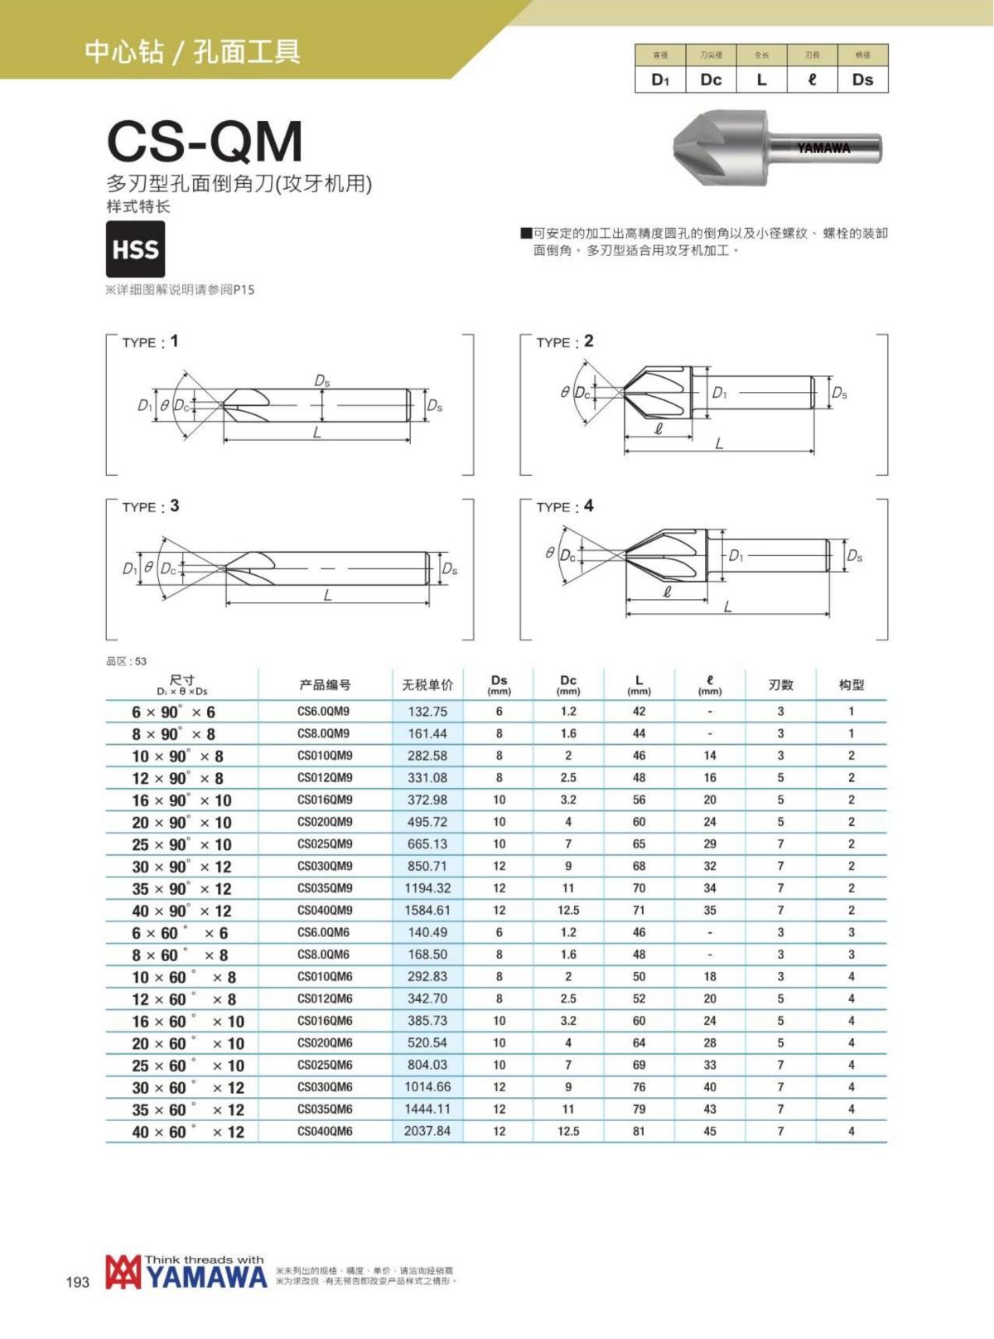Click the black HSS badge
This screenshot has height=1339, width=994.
(135, 249)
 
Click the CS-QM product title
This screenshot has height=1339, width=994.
(205, 142)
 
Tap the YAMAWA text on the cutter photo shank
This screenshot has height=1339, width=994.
(823, 148)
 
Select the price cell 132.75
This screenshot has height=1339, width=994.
(427, 712)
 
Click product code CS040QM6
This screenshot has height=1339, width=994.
(325, 1132)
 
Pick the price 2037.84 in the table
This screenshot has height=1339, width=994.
(427, 1131)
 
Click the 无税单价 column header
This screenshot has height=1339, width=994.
(427, 685)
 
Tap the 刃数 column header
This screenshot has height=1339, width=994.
(780, 685)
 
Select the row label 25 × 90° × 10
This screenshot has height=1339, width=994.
(181, 844)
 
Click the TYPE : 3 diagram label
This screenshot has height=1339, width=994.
(150, 506)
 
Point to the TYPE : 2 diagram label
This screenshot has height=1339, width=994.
(564, 341)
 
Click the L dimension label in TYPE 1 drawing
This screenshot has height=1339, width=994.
(316, 433)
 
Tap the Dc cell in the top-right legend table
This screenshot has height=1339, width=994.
(711, 80)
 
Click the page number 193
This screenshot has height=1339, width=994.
(77, 1282)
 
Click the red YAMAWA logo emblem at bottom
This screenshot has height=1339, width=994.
(123, 1273)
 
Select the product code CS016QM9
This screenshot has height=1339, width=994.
(325, 800)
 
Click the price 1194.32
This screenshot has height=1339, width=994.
(427, 888)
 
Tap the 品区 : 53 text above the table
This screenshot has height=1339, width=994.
(127, 661)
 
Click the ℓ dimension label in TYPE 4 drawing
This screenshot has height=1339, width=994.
(668, 592)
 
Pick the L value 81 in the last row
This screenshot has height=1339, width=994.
(639, 1131)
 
